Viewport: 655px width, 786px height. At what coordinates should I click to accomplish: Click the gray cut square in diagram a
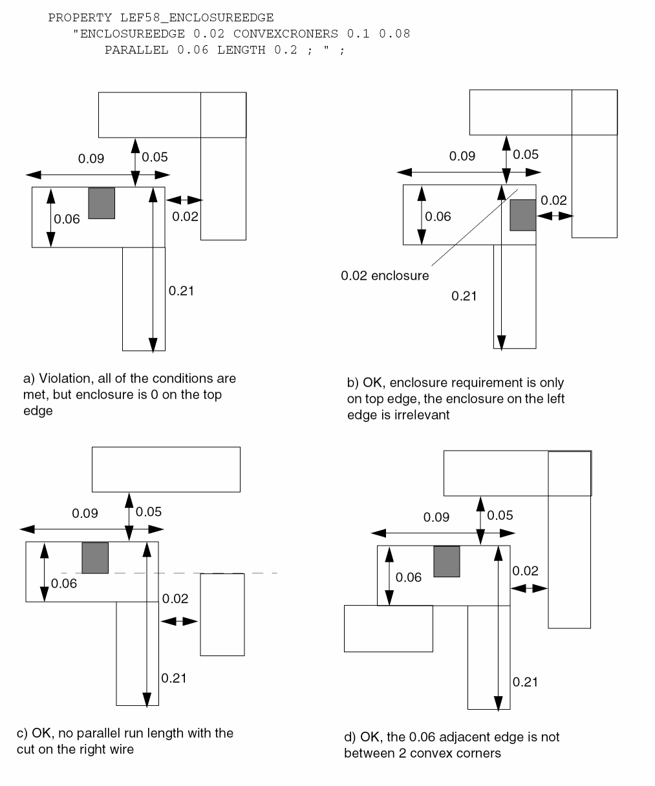(x=102, y=203)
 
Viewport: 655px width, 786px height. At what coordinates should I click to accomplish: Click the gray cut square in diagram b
(x=523, y=215)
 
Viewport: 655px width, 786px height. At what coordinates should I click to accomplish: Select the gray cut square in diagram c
(x=95, y=558)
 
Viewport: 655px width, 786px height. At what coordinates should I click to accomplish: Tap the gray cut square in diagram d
(x=446, y=562)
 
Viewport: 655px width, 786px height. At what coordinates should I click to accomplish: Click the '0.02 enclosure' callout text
(x=385, y=276)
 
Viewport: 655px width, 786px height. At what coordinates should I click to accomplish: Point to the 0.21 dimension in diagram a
(x=182, y=291)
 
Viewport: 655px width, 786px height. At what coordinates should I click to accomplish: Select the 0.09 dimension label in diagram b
(x=462, y=156)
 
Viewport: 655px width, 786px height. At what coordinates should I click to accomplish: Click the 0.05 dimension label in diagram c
(x=149, y=512)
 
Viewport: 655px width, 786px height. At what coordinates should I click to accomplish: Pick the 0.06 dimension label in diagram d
(x=409, y=577)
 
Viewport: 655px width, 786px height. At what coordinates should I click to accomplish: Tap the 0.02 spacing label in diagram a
(x=185, y=217)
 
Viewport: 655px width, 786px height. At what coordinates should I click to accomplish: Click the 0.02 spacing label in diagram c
(x=175, y=599)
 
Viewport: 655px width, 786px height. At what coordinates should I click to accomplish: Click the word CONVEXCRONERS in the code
(x=286, y=34)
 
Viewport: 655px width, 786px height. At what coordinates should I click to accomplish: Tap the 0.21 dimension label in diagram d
(x=525, y=682)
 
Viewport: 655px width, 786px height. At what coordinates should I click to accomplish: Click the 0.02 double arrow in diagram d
(x=529, y=588)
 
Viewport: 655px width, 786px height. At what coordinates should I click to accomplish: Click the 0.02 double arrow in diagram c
(x=179, y=621)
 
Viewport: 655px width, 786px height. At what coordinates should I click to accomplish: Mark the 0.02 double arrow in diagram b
(x=555, y=215)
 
